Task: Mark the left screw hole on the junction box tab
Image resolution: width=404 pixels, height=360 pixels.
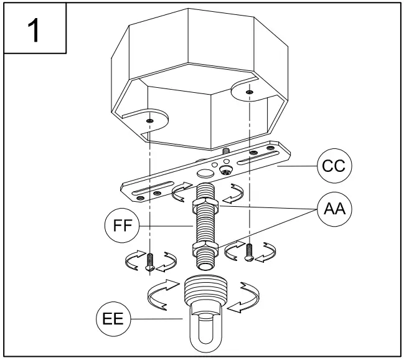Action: pyautogui.click(x=150, y=121)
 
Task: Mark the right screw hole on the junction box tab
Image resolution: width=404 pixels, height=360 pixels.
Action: pyautogui.click(x=249, y=93)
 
